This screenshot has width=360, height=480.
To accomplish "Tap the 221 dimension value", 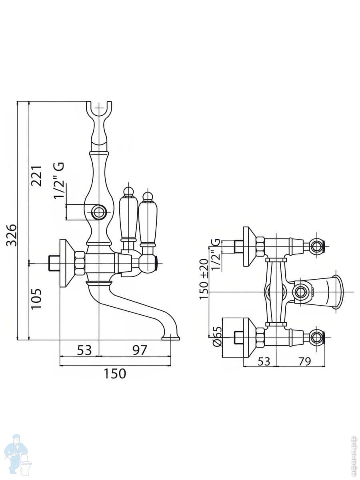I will (37, 176).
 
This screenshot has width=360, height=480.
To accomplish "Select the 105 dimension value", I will (37, 298).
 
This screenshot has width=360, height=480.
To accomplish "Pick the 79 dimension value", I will (305, 361).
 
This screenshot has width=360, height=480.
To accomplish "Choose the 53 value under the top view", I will (263, 361).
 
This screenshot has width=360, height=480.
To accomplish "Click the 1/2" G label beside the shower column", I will (59, 180).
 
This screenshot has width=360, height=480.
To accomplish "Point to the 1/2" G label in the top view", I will (216, 254).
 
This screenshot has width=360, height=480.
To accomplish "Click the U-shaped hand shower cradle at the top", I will (99, 110).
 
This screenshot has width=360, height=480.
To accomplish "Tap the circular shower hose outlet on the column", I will (98, 212).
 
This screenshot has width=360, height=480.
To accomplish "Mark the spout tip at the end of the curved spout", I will (171, 338).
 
